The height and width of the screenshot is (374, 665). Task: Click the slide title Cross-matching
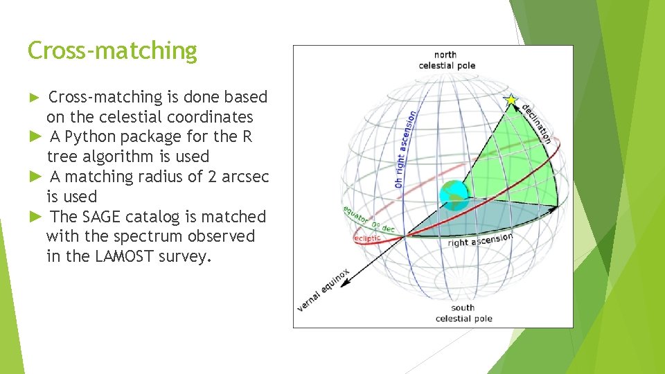pyautogui.click(x=112, y=51)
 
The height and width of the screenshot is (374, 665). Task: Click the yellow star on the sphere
pyautogui.click(x=512, y=100)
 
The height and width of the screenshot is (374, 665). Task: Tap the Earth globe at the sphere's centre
pyautogui.click(x=453, y=194)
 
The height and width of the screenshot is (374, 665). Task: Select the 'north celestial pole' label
pyautogui.click(x=446, y=60)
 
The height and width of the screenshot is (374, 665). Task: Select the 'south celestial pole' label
pyautogui.click(x=463, y=313)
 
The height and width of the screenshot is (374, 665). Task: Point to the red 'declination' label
pyautogui.click(x=537, y=123)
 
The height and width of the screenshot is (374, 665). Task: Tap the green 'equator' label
pyautogui.click(x=355, y=215)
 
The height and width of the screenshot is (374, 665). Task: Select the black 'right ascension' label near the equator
pyautogui.click(x=480, y=240)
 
